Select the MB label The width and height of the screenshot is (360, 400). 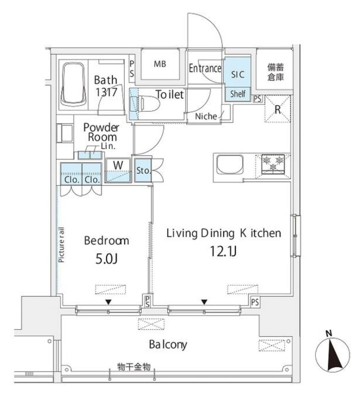(160, 64)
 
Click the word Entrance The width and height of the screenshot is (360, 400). (205, 69)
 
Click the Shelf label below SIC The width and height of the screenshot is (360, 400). (237, 94)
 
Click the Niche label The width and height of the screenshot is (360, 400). (206, 116)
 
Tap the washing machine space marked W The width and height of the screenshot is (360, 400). (118, 165)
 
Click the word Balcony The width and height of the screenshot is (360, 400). (168, 344)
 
